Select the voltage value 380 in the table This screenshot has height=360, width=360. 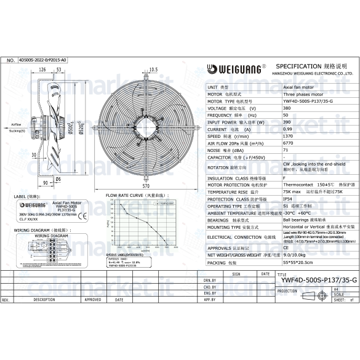287,108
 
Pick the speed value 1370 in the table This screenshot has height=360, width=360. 289,137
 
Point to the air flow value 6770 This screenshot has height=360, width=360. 289,143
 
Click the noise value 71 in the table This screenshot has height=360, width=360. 286,150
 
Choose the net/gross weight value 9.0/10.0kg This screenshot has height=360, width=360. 295,255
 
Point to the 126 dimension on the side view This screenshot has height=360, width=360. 43,70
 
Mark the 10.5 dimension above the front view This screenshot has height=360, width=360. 153,70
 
